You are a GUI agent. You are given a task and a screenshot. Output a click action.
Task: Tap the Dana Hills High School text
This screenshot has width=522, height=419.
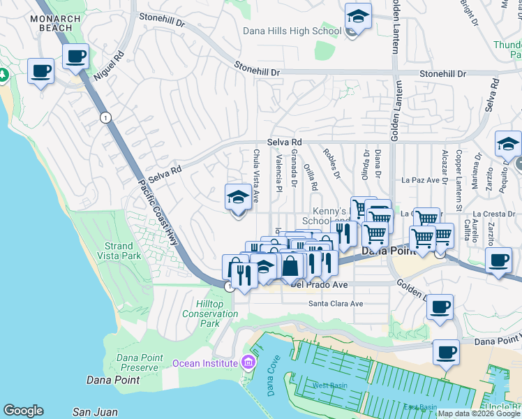292,31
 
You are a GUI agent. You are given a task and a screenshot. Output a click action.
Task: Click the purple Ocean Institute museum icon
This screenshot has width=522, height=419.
248,362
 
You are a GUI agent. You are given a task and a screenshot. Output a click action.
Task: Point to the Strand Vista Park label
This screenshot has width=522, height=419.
119,251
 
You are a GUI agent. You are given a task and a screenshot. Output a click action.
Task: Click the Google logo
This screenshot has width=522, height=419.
23,411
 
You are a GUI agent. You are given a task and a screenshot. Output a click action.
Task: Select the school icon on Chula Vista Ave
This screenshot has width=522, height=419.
238,198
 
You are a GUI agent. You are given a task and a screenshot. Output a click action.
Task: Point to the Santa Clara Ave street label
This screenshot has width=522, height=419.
336,304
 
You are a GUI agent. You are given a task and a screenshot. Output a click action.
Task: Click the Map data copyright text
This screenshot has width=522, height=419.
479,413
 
